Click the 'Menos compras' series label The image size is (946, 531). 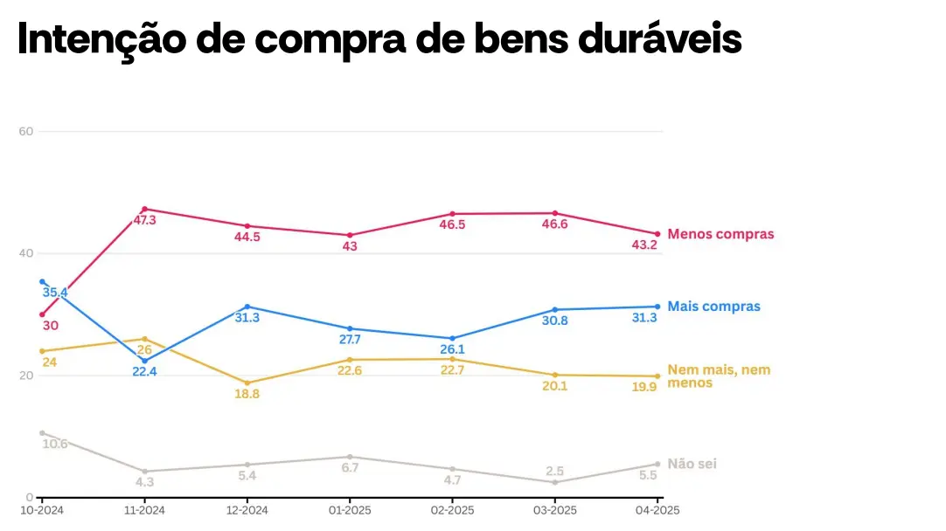[720, 234]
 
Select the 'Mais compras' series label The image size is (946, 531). [713, 307]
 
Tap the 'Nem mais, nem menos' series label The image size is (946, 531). [719, 376]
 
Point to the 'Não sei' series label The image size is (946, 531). [692, 464]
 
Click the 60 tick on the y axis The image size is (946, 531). [25, 132]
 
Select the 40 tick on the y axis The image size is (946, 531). [25, 253]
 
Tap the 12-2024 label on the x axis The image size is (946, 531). [247, 510]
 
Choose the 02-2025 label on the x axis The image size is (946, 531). [452, 510]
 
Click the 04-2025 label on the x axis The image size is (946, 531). [657, 510]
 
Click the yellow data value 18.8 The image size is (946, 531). [247, 395]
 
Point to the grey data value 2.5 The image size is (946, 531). [555, 472]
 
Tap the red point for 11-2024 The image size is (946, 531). [144, 209]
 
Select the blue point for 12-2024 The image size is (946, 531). [247, 307]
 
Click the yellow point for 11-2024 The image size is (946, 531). [144, 339]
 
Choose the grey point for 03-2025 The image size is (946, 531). [555, 482]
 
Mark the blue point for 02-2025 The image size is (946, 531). [452, 338]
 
